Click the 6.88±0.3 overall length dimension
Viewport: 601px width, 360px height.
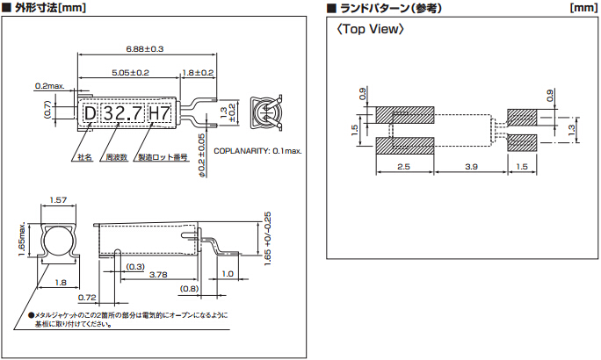click(x=146, y=48)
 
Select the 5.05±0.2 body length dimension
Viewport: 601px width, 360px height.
click(x=130, y=72)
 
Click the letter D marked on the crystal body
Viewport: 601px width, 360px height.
click(x=90, y=113)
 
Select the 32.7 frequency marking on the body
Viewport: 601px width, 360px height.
click(x=121, y=113)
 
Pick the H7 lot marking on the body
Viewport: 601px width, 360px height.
click(x=159, y=113)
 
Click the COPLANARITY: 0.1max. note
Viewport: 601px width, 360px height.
click(x=257, y=151)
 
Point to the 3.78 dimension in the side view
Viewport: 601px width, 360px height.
click(x=159, y=275)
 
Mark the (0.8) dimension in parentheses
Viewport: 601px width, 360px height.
click(x=189, y=288)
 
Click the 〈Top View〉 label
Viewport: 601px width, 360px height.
click(x=371, y=30)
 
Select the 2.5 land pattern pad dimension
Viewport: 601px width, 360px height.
click(x=404, y=166)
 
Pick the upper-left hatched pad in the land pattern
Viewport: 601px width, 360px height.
click(x=405, y=115)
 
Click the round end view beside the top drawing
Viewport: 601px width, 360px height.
click(x=266, y=114)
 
